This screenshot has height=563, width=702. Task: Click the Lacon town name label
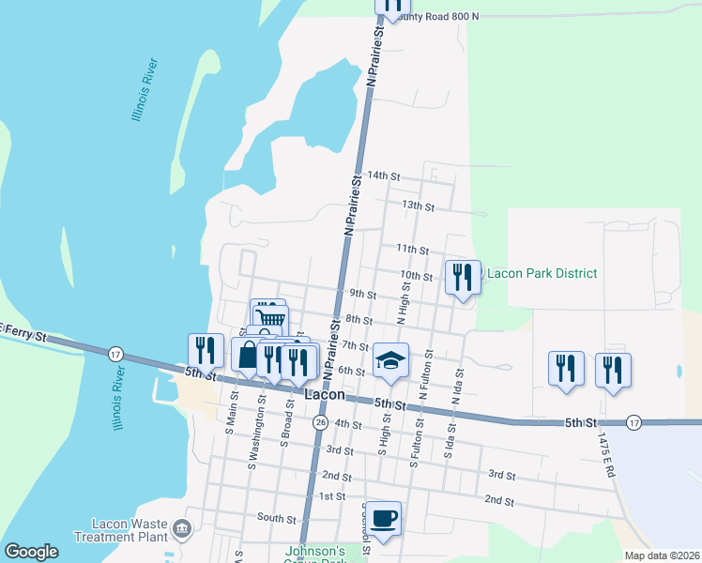point(326,395)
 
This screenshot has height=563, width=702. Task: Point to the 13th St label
point(418,205)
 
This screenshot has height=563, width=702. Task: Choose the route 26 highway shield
point(320,423)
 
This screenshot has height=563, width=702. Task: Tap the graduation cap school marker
point(390,359)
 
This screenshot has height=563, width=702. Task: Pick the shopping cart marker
point(268,314)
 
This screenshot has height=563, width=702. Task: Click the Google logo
point(31,552)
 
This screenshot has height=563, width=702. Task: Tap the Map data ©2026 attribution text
point(663,555)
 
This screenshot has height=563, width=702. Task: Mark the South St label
point(277,518)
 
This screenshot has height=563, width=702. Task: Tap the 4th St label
point(348,424)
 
